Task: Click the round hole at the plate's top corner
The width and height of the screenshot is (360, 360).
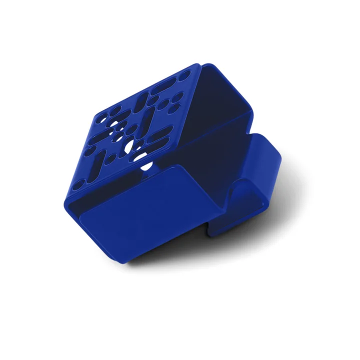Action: pyautogui.click(x=185, y=75)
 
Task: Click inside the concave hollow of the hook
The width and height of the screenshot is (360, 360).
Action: pyautogui.click(x=240, y=190)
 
